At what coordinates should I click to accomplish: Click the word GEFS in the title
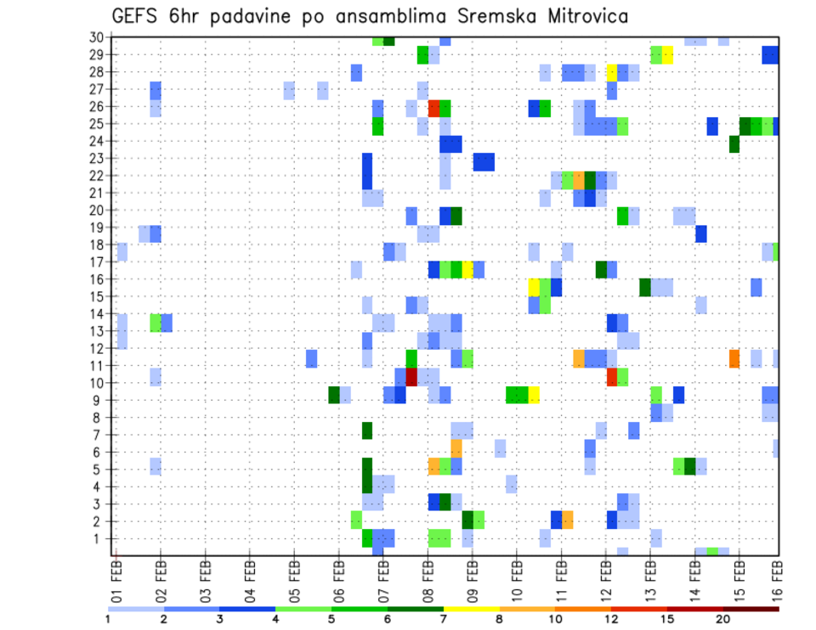136,16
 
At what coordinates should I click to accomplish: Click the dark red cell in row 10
411,376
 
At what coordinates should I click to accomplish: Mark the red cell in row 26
433,108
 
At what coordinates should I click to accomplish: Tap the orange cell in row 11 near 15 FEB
734,358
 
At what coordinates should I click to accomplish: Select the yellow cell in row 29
667,55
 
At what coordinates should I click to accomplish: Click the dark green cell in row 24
734,143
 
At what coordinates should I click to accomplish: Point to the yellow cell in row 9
534,394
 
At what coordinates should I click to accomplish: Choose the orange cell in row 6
456,447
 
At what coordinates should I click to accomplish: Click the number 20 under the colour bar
723,619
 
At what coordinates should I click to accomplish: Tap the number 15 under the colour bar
667,619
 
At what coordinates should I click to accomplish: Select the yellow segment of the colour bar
472,609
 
